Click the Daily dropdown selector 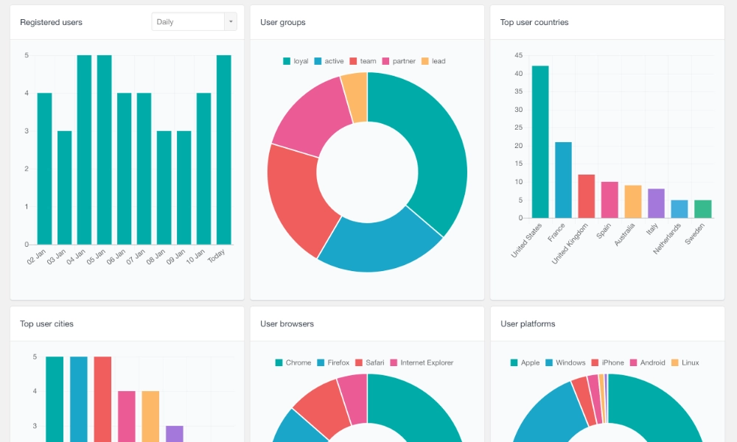pyautogui.click(x=194, y=22)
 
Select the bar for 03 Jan pyautogui.click(x=65, y=187)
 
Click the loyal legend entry pyautogui.click(x=296, y=61)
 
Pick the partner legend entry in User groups pyautogui.click(x=398, y=61)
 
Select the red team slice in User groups pyautogui.click(x=293, y=199)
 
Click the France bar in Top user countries pyautogui.click(x=563, y=180)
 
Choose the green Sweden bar pyautogui.click(x=702, y=209)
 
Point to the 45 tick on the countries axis pyautogui.click(x=519, y=55)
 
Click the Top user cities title pyautogui.click(x=46, y=323)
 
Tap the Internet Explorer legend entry pyautogui.click(x=421, y=362)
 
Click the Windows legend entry pyautogui.click(x=565, y=362)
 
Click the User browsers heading pyautogui.click(x=287, y=323)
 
